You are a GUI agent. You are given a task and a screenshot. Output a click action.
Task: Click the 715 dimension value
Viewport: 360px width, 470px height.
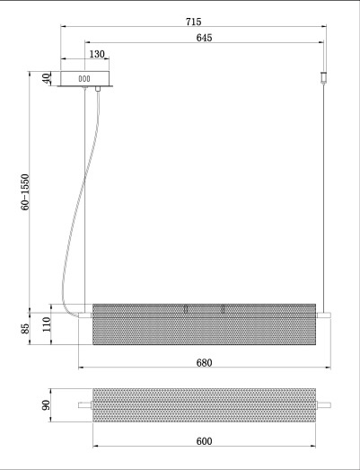(194, 22)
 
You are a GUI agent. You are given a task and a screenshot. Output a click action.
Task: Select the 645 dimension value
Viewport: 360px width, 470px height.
(205, 38)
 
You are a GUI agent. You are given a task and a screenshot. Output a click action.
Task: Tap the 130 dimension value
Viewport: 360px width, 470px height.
(97, 54)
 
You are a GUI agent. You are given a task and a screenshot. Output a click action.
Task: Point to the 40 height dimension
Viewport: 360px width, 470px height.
(46, 78)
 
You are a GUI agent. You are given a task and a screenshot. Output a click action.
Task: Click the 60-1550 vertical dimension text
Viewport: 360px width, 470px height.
(25, 192)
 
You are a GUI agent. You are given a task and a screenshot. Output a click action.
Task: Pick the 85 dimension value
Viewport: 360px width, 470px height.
(25, 329)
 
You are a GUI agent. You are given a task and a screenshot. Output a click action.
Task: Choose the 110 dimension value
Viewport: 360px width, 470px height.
(47, 324)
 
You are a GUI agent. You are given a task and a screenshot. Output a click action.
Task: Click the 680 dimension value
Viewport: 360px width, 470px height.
(205, 363)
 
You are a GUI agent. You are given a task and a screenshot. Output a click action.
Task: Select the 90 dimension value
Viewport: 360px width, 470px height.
(46, 405)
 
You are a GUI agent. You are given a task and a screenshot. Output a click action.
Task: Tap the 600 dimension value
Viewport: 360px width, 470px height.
(205, 441)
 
